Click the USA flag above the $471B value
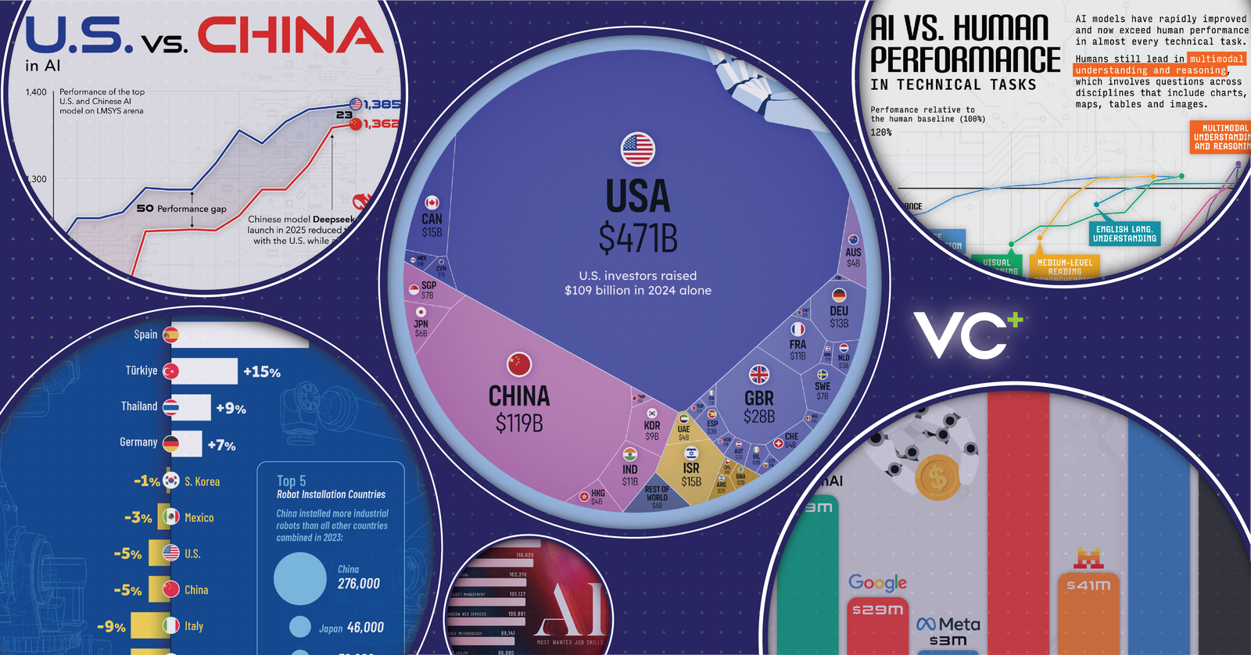click(637, 149)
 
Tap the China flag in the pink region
click(519, 364)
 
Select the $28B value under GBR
click(758, 417)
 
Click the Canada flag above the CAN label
click(432, 202)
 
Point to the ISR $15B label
click(691, 474)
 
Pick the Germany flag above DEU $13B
click(839, 295)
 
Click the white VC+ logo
click(968, 335)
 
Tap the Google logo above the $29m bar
click(877, 582)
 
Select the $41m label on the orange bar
click(1088, 585)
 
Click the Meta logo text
click(948, 625)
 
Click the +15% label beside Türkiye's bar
click(262, 372)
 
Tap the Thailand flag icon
click(170, 407)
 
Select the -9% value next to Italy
click(111, 627)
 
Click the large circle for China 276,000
click(300, 579)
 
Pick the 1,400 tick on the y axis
click(36, 92)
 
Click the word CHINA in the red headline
click(290, 36)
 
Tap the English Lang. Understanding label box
click(1124, 234)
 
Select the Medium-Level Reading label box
click(1064, 267)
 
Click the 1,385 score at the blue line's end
click(382, 104)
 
